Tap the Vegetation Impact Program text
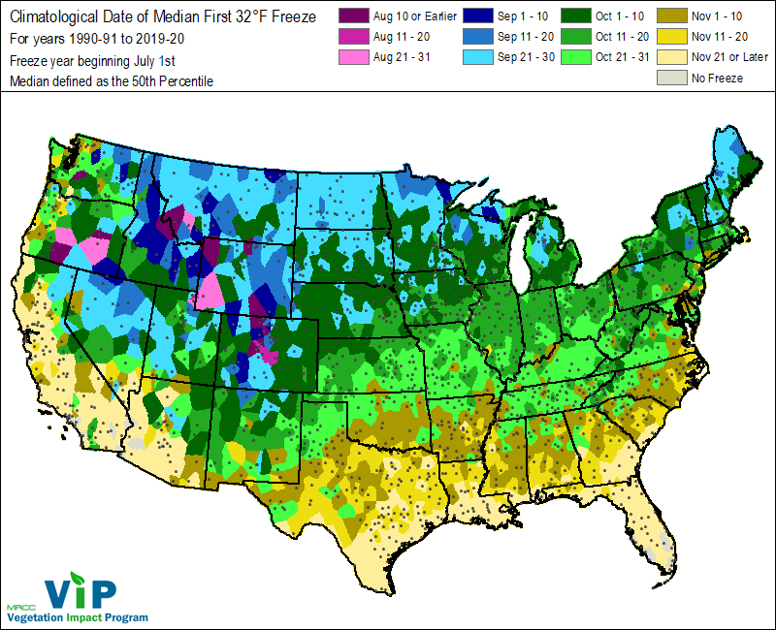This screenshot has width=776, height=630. [78, 617]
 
